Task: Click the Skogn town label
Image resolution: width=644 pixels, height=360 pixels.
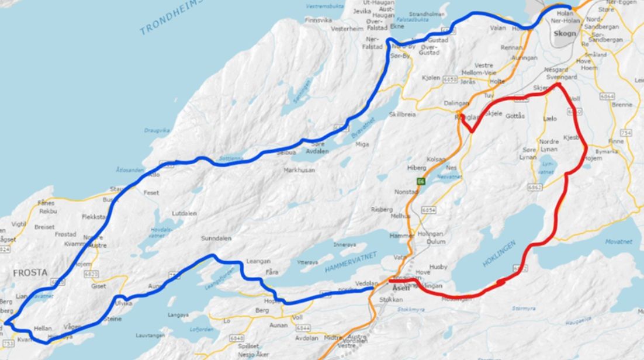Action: (566, 33)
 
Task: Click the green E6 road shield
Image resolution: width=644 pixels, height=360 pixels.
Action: (420, 181)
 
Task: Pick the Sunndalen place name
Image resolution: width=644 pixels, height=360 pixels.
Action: (216, 238)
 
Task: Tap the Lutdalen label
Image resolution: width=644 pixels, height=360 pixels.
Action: (184, 213)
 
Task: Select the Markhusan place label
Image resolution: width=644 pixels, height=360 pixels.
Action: (299, 170)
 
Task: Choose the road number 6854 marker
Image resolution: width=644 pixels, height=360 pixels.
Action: (429, 209)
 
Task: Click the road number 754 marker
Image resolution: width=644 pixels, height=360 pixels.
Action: (626, 133)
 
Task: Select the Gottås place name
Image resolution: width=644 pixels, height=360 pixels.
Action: (515, 116)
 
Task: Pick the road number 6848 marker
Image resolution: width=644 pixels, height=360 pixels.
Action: (237, 338)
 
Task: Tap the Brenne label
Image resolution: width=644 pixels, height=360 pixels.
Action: (622, 105)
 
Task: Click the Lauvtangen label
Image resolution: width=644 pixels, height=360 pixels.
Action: (151, 335)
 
